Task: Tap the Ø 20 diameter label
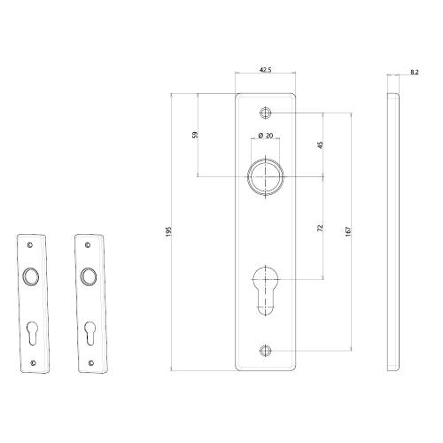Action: (265, 135)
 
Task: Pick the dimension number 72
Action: (320, 228)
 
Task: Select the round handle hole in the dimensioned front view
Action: (266, 176)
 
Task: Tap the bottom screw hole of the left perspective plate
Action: (35, 361)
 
